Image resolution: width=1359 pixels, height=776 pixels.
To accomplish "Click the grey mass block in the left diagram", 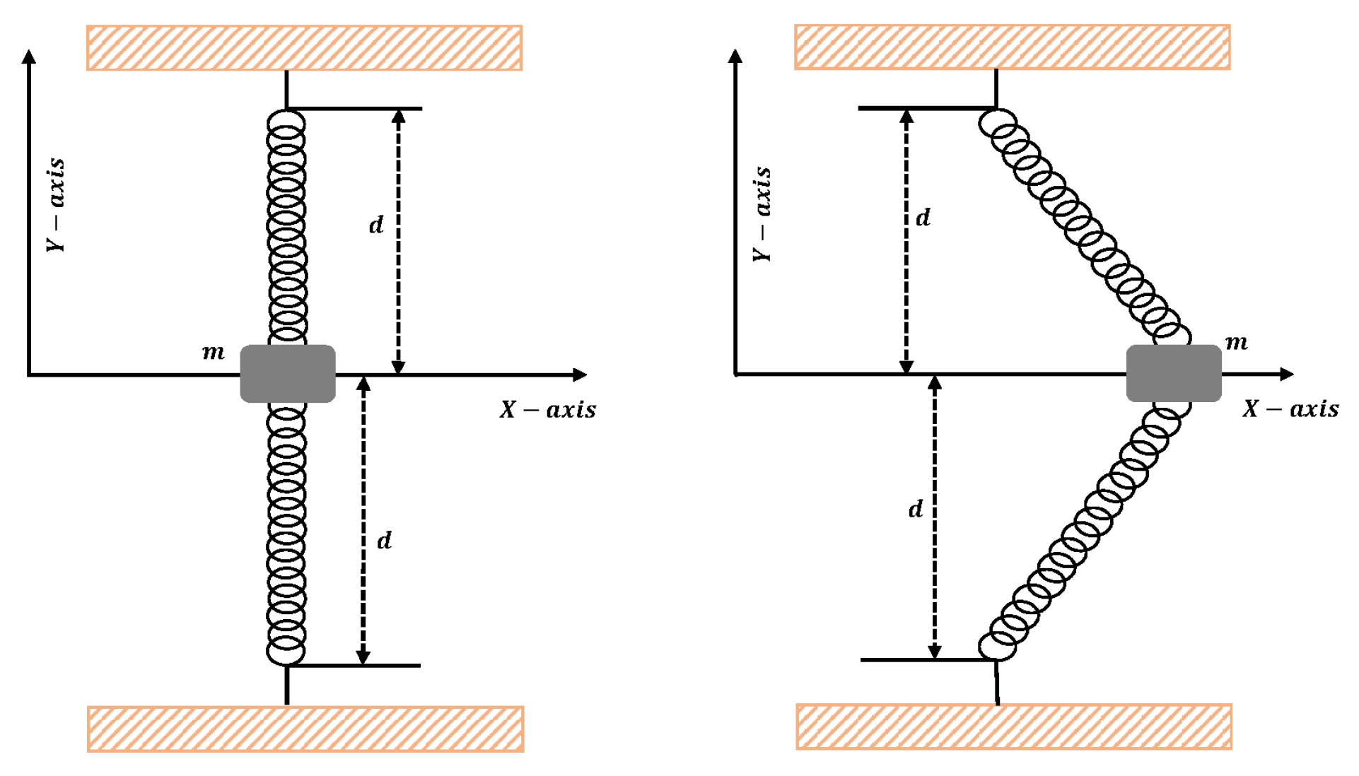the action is click(288, 374).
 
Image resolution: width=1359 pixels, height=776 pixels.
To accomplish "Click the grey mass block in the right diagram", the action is click(1174, 373).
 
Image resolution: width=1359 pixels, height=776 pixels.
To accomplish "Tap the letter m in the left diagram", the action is click(213, 352).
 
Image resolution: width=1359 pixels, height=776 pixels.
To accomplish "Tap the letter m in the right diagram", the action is click(1236, 343).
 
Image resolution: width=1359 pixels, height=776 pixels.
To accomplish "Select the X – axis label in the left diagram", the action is click(548, 409).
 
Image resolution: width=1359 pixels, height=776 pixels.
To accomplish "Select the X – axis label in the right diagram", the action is click(1290, 408).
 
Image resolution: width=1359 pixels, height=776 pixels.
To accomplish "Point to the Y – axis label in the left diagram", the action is click(55, 205).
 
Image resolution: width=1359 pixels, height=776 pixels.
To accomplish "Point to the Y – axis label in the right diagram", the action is click(762, 214).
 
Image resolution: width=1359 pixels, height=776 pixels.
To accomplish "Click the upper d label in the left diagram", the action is click(376, 225).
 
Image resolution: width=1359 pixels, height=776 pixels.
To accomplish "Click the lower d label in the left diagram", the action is click(384, 541).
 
